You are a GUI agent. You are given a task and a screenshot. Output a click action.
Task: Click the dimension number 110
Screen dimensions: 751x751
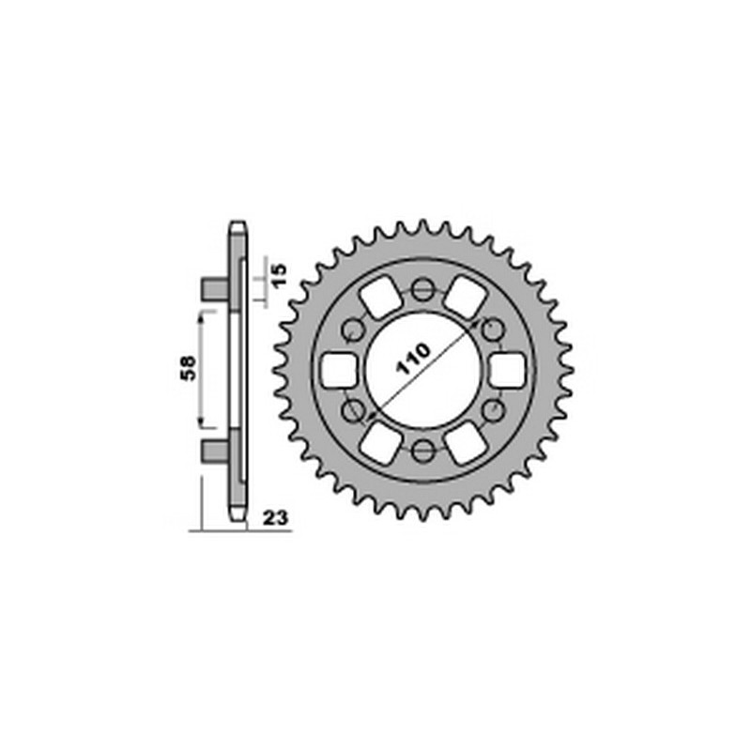(x=413, y=359)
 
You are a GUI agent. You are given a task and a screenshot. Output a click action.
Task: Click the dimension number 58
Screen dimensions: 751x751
(x=189, y=368)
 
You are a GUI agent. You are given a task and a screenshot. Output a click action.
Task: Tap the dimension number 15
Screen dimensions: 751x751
(x=279, y=275)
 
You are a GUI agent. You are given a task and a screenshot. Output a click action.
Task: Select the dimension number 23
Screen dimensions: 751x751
(x=275, y=518)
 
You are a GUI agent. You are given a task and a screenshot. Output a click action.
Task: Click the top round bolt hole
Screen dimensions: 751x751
(x=422, y=289)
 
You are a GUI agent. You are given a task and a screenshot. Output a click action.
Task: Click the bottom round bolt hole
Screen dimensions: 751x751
(x=422, y=450)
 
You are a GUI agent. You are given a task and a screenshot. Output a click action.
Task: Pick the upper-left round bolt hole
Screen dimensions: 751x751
(x=353, y=330)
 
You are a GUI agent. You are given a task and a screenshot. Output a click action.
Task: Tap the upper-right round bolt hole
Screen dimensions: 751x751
(x=492, y=330)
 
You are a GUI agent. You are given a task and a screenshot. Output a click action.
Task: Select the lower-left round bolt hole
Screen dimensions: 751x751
(x=353, y=410)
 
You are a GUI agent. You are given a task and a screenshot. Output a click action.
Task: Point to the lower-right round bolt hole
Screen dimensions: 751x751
(x=492, y=410)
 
